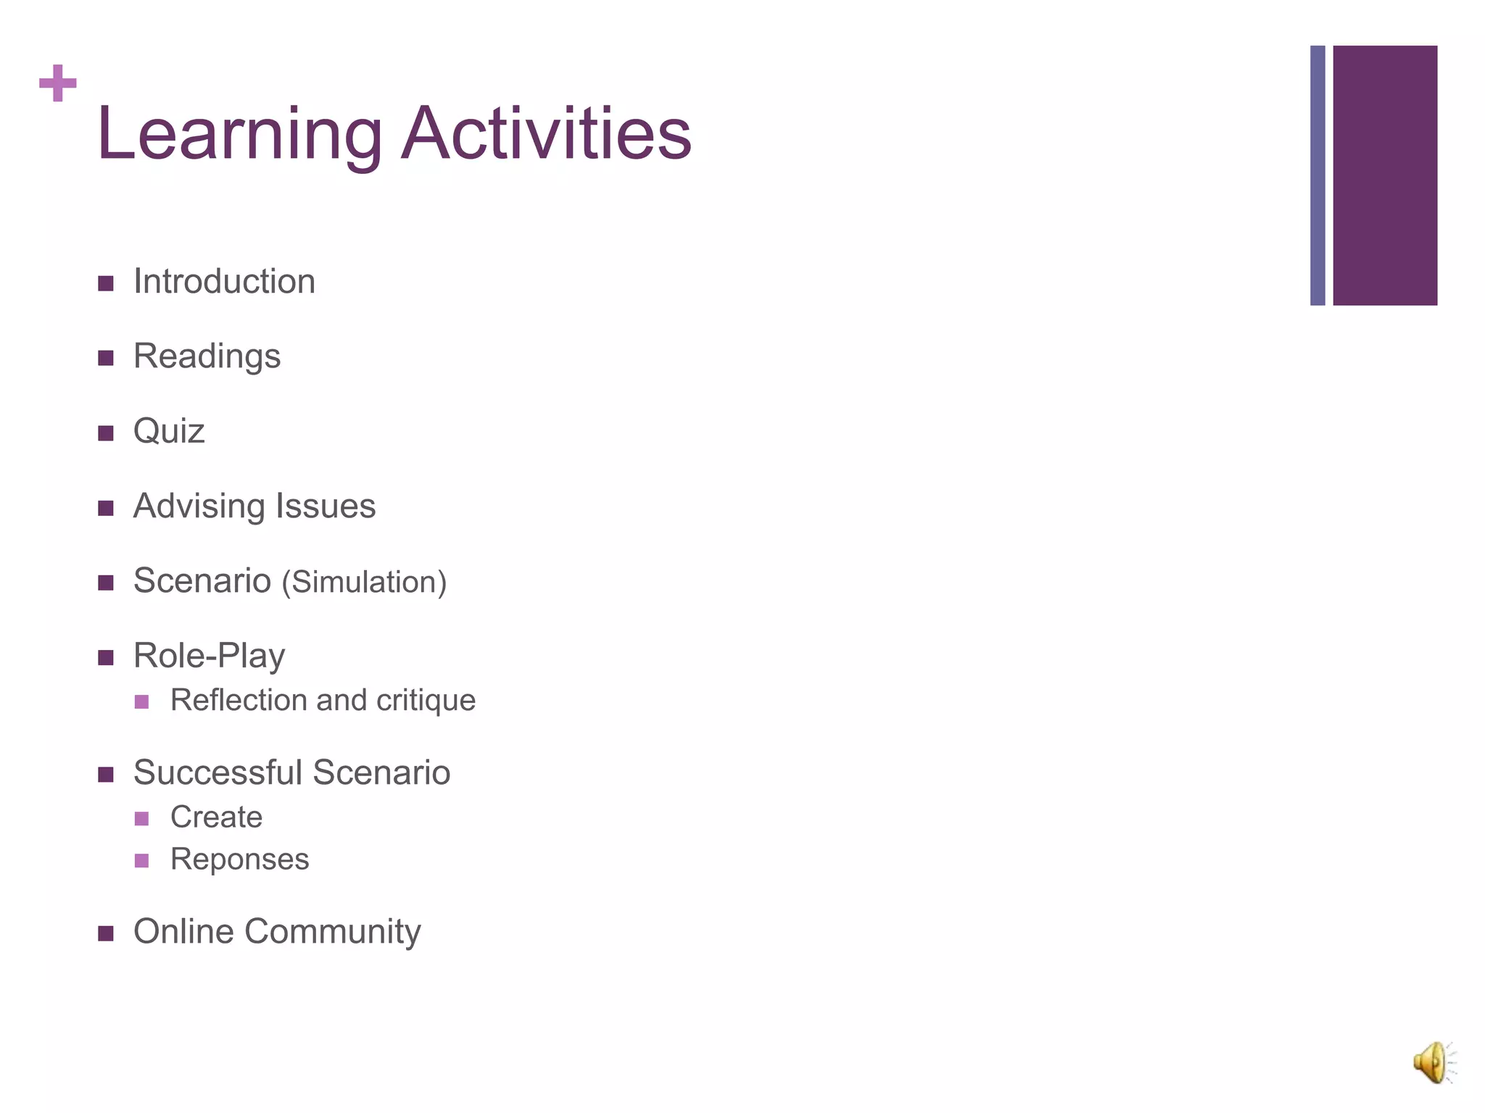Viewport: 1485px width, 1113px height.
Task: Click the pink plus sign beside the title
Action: click(x=58, y=83)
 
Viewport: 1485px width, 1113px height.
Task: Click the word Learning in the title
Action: click(x=239, y=136)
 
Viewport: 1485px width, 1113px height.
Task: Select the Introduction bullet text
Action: click(x=224, y=282)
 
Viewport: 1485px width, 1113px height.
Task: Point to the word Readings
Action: click(x=207, y=357)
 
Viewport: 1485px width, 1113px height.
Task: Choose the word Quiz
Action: click(x=169, y=432)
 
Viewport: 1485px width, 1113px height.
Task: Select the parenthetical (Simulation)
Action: click(x=364, y=583)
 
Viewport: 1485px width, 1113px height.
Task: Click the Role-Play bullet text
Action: click(x=209, y=656)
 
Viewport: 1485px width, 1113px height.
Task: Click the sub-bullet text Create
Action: click(x=216, y=817)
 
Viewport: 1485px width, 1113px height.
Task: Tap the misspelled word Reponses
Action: click(x=239, y=860)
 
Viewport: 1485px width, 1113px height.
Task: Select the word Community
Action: click(x=332, y=932)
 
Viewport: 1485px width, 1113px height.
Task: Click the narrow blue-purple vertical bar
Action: click(x=1318, y=175)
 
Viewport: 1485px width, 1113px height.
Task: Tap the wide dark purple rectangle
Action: click(x=1385, y=175)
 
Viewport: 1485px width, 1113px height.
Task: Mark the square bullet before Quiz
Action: click(x=106, y=433)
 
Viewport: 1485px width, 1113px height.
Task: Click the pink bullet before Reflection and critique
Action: click(x=141, y=701)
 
